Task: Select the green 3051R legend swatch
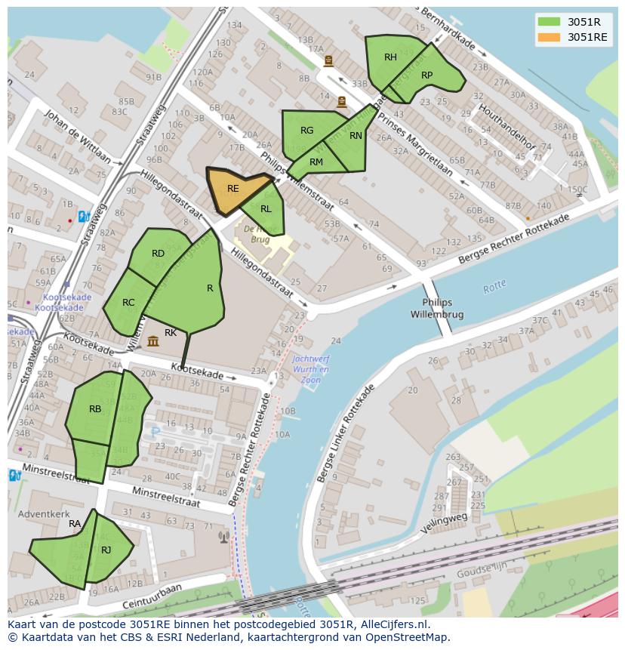pos(550,21)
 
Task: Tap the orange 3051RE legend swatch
pos(550,37)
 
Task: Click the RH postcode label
pos(390,57)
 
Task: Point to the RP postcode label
pos(427,75)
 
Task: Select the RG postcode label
pos(306,131)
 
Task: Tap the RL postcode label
pos(266,209)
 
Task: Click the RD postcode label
pos(158,254)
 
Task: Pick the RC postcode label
pos(128,303)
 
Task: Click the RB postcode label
pos(95,409)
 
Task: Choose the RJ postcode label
pos(106,550)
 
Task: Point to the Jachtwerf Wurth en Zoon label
pos(310,370)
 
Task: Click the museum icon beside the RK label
pos(153,341)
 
